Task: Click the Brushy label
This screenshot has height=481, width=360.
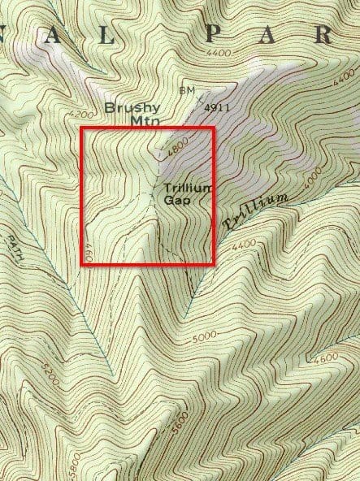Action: [x=132, y=108]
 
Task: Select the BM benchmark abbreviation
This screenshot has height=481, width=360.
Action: [x=186, y=90]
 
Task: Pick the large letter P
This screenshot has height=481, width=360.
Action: [x=214, y=34]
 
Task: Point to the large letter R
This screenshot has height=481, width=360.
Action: [x=323, y=34]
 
